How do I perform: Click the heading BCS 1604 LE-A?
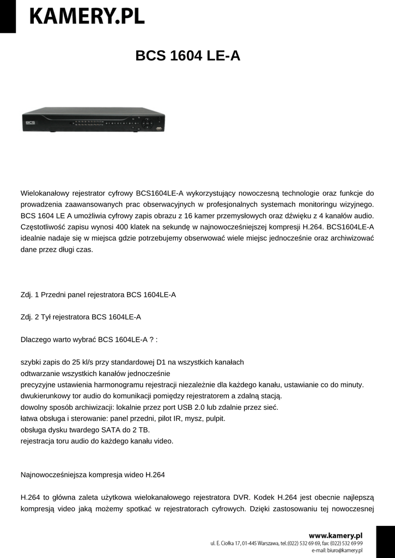tap(187, 56)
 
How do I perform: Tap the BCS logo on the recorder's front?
tap(29, 124)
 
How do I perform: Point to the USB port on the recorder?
tap(159, 129)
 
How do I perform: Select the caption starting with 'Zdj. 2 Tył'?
tap(80, 317)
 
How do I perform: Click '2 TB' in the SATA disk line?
tap(139, 429)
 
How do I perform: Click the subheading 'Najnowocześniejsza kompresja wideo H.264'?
tap(92, 475)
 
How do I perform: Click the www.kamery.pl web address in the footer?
tap(335, 536)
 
